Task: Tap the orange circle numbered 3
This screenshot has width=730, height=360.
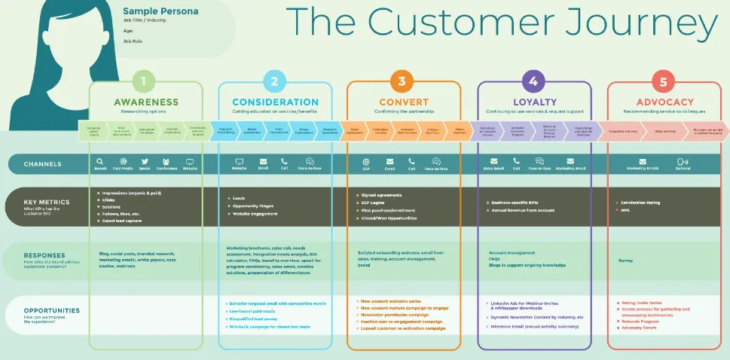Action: click(x=402, y=82)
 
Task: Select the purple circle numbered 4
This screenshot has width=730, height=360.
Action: click(x=533, y=82)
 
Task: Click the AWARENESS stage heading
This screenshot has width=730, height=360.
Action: click(x=146, y=102)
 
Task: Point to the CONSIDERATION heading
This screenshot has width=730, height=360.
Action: click(x=275, y=102)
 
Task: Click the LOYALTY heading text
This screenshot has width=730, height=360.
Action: click(x=534, y=102)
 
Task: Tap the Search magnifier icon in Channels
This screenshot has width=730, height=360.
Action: click(x=100, y=161)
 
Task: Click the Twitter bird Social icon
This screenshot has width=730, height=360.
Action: click(x=144, y=161)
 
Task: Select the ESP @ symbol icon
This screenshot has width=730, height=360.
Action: click(x=366, y=161)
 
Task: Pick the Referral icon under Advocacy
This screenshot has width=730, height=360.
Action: click(x=683, y=161)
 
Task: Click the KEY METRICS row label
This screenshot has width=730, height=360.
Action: click(x=47, y=203)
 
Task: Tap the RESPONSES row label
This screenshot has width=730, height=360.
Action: click(x=44, y=255)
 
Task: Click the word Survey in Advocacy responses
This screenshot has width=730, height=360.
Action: click(x=625, y=261)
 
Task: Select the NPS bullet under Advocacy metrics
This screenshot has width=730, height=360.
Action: click(x=625, y=210)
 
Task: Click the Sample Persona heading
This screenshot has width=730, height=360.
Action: click(x=160, y=11)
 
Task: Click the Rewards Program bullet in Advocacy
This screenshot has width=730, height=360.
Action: click(x=640, y=321)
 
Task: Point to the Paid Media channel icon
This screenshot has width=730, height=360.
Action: click(x=123, y=161)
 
